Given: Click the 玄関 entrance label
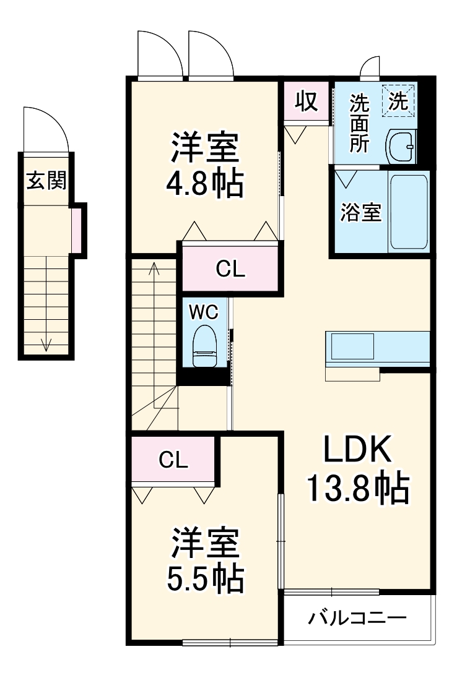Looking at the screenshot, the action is coord(46,180).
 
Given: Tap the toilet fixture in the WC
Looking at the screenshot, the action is coord(204,346).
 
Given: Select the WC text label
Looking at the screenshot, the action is coord(203,312).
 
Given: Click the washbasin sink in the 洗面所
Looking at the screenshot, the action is coord(401,146).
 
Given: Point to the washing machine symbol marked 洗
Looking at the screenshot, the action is coord(398,101).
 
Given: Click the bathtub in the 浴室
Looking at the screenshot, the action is coord(409,212).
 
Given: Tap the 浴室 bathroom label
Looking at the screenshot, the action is coord(360,212).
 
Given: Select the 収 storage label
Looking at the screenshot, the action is coord(307,101).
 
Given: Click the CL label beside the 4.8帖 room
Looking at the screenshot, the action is coord(230,269).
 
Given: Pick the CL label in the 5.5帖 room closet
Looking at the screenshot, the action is coord(173,460).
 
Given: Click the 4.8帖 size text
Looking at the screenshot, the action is coord(205,183).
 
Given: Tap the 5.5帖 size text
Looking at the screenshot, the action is coord(206,578).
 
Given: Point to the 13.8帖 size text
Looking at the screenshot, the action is coord(359,489).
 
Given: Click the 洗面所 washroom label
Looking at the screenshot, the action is coord(359,123).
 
